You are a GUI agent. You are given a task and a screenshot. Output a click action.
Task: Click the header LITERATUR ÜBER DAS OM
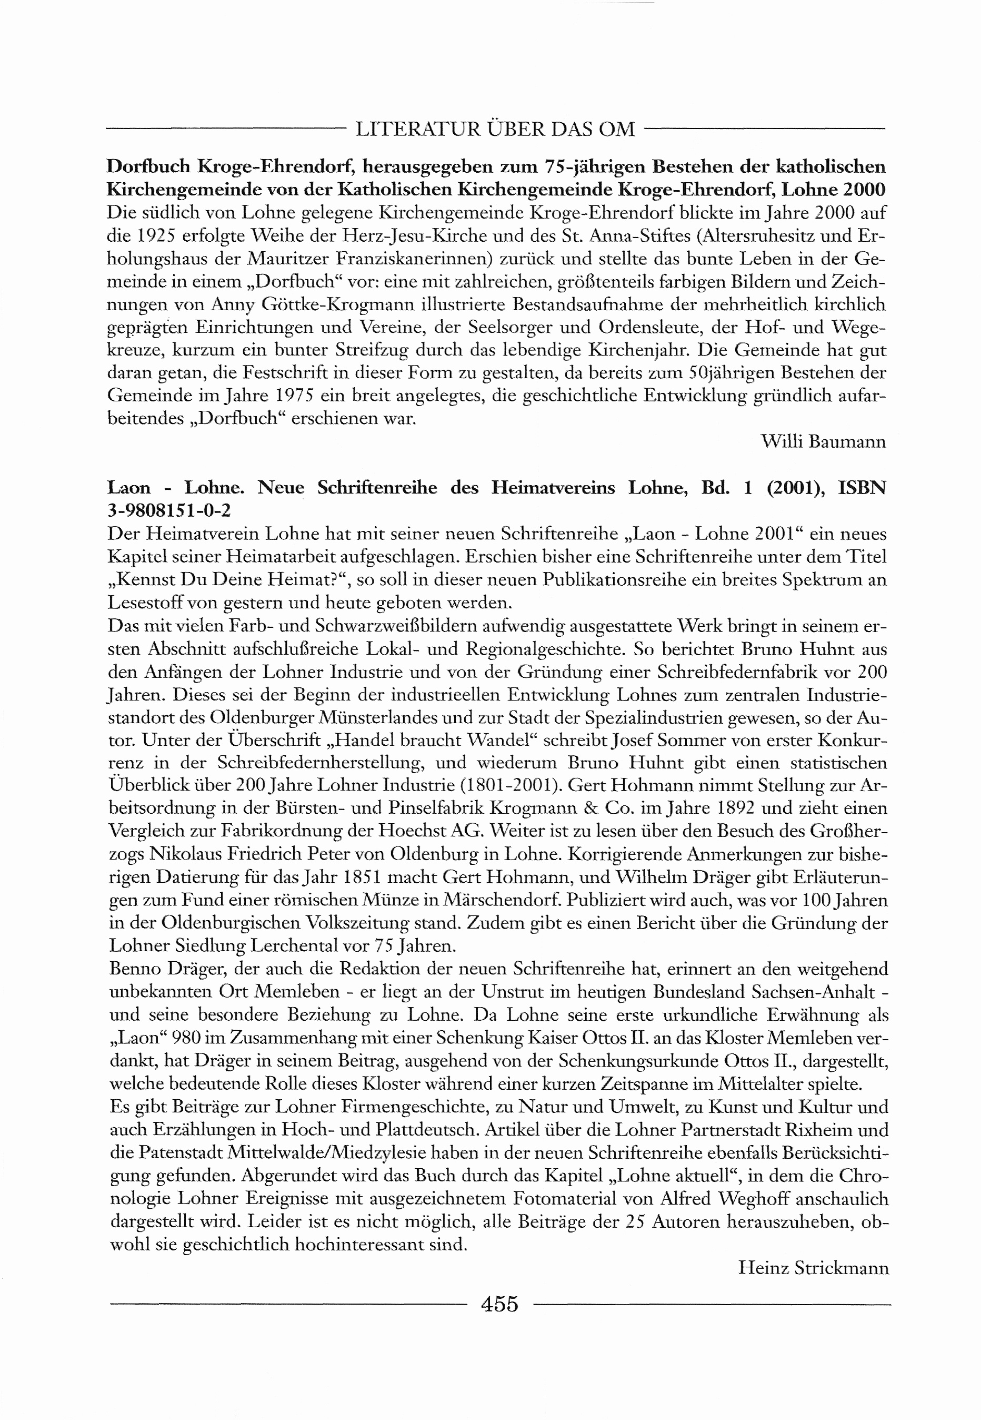[495, 129]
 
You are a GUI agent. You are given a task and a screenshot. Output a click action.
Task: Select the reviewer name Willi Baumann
[823, 441]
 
